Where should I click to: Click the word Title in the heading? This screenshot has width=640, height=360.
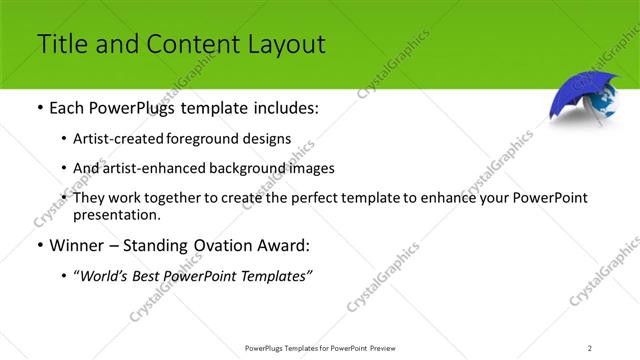point(59,44)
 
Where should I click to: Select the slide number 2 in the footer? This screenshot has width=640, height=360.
point(590,347)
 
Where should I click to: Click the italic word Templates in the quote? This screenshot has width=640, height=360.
point(277,277)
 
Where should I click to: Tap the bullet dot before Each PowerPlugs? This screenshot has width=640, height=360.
point(39,107)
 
